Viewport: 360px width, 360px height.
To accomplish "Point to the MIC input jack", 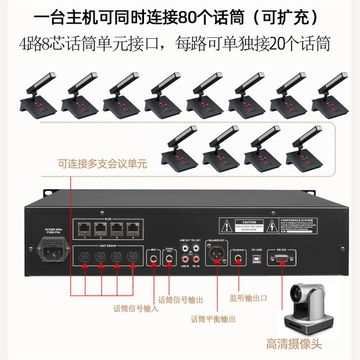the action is point(154,258).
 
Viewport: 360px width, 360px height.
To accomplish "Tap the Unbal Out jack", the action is point(169,259).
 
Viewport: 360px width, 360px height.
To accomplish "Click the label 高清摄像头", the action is point(301,345).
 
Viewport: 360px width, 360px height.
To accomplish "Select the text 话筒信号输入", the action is point(135,309).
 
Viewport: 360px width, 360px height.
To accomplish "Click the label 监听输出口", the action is point(248,298).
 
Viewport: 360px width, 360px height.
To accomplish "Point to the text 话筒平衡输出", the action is point(213,319).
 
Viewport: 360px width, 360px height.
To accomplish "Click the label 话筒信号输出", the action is point(181,299).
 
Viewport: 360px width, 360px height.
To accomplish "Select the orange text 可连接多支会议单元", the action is point(102,163).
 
